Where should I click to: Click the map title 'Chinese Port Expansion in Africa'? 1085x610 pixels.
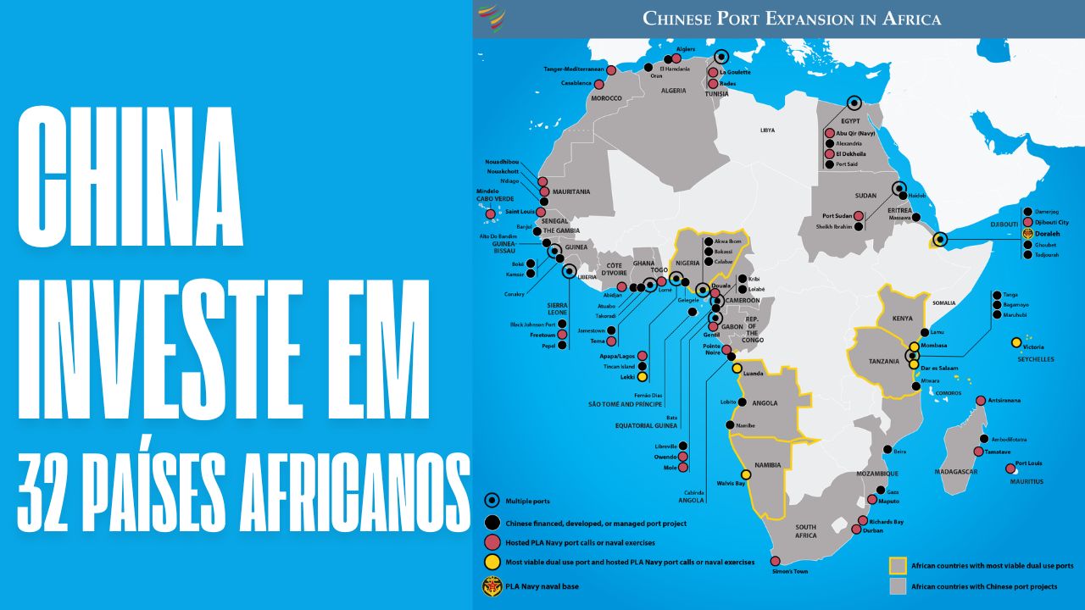point(792,18)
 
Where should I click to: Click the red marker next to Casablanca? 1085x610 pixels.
point(599,85)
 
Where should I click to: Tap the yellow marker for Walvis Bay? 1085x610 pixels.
point(747,474)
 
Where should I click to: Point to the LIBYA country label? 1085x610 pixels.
point(767,130)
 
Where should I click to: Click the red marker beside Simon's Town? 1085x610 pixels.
point(775,561)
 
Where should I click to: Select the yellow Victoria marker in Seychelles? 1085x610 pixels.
point(1015,343)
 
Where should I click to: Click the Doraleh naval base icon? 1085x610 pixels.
point(1027,233)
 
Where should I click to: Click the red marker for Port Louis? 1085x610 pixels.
point(1010,469)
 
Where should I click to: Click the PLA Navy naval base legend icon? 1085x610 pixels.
point(491,584)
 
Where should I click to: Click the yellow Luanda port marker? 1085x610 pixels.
point(737,369)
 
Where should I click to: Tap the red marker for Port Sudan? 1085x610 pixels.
point(859,216)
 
